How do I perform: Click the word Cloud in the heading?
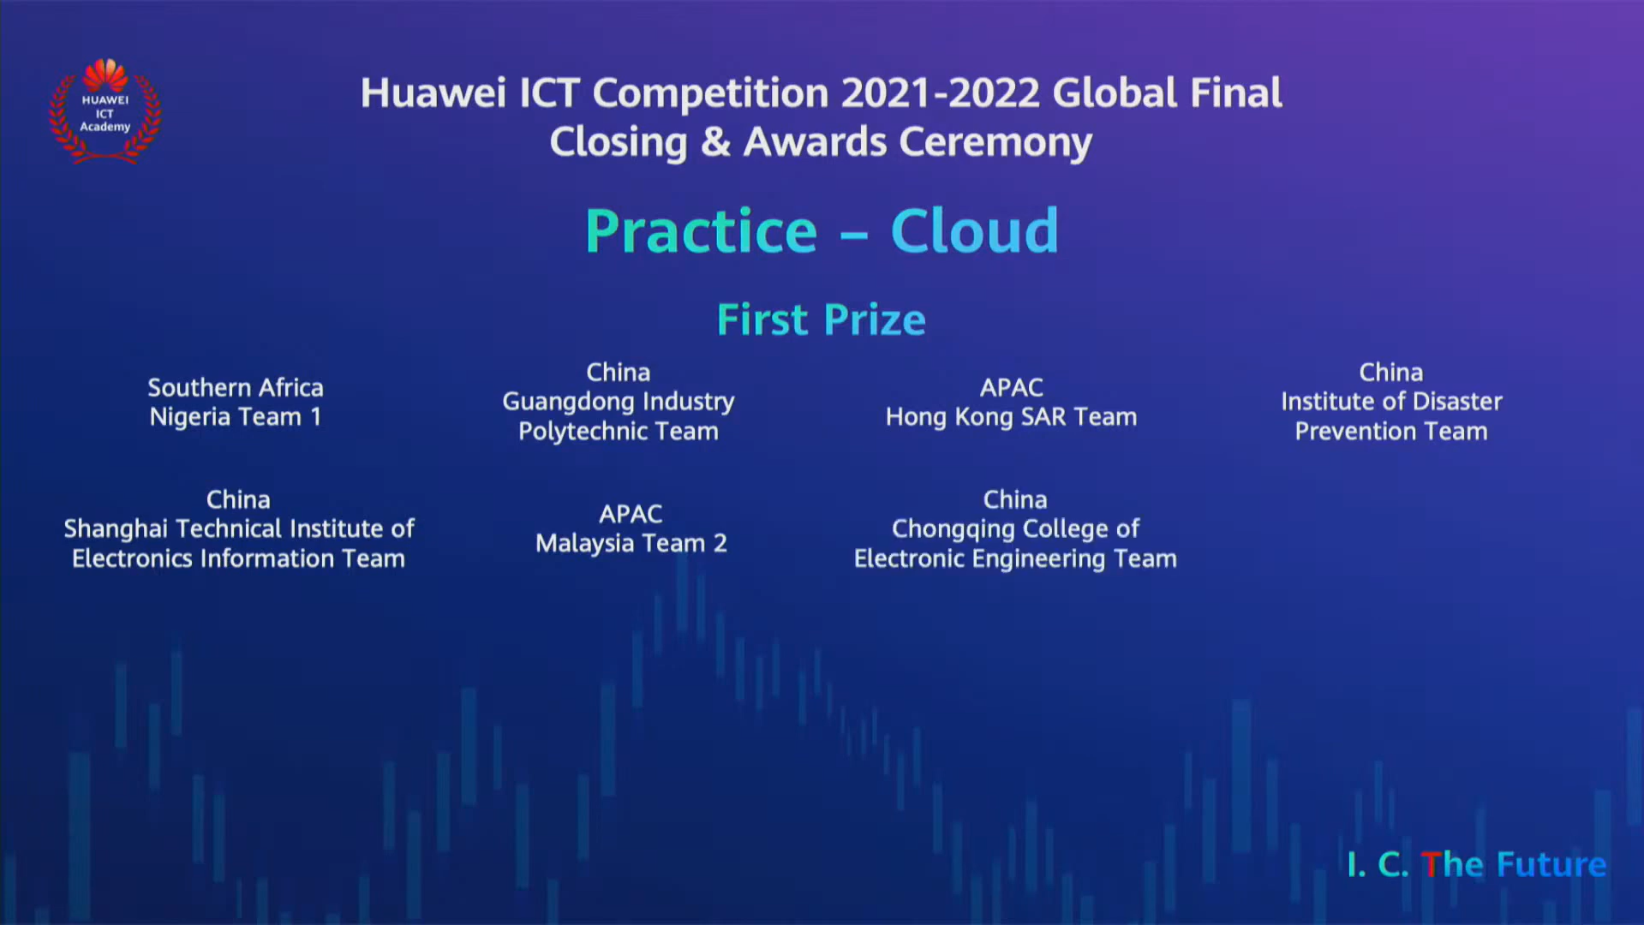(x=974, y=231)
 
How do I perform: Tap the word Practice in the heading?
(x=701, y=231)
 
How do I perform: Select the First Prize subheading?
(x=821, y=320)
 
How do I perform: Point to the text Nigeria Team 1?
(x=236, y=417)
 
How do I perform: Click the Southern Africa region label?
(x=236, y=387)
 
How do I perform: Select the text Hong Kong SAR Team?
(x=1011, y=417)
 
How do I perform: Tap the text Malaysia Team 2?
(x=631, y=543)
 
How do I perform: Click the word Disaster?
(x=1457, y=402)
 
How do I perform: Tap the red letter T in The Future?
(x=1429, y=864)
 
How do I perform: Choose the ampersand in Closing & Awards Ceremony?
(x=714, y=142)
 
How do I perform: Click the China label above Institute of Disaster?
(x=1390, y=373)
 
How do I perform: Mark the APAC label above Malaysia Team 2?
(x=631, y=514)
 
